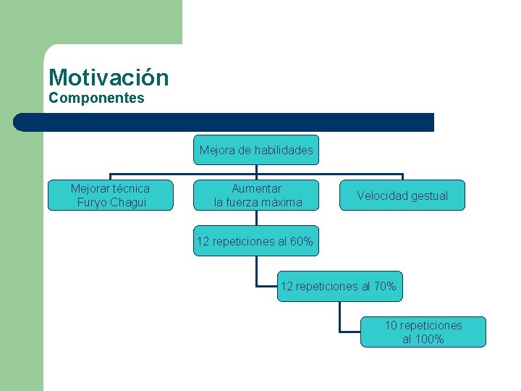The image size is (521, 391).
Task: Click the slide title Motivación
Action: [x=109, y=77]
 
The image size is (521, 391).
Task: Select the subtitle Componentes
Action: [x=96, y=98]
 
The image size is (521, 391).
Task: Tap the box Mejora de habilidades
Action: [x=256, y=151]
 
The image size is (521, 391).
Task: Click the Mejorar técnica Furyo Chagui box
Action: [x=111, y=195]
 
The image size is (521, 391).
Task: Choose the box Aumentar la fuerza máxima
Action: [x=258, y=195]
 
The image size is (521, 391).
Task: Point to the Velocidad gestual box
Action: [x=402, y=195]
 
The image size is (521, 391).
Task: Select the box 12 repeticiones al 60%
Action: [x=255, y=242]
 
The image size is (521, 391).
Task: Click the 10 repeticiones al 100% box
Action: [x=423, y=332]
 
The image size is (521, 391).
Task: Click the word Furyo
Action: [x=90, y=203]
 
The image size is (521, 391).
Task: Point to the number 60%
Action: [x=301, y=242]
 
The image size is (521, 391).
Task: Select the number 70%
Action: [x=384, y=287]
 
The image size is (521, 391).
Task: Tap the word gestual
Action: [x=429, y=196]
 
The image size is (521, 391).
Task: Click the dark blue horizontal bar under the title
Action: [x=224, y=122]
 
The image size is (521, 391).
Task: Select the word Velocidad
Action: [x=383, y=196]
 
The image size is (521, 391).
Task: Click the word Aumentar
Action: [x=257, y=189]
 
